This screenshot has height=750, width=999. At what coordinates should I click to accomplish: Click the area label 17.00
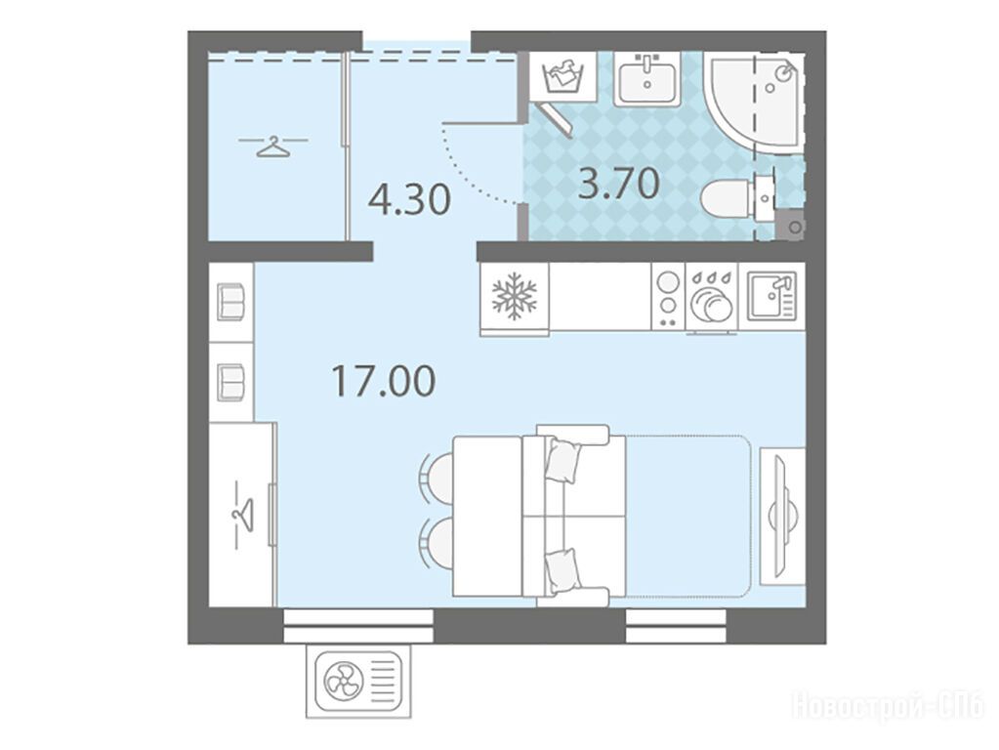[x=384, y=381]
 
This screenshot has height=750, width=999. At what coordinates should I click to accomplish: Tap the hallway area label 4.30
[x=410, y=199]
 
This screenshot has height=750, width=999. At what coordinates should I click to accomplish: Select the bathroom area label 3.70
[x=618, y=184]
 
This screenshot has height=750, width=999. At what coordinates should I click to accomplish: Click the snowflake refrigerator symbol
[x=515, y=298]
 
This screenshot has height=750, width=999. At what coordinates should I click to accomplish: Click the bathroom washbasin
[x=647, y=78]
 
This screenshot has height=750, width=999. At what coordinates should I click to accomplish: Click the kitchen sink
[x=771, y=296]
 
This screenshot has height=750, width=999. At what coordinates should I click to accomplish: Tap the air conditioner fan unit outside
[x=358, y=682]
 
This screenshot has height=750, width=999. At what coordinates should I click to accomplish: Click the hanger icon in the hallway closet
[x=273, y=146]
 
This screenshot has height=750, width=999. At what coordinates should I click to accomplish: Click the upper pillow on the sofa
[x=563, y=460]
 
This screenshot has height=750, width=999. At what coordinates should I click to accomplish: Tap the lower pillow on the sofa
[x=563, y=571]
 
